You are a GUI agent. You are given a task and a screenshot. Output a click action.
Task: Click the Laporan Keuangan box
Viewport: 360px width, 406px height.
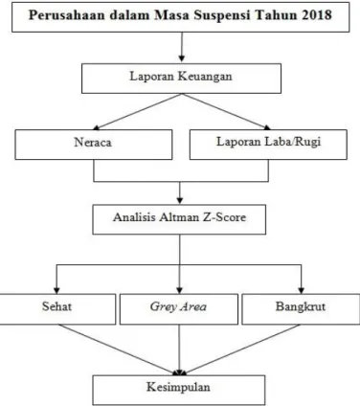(181, 79)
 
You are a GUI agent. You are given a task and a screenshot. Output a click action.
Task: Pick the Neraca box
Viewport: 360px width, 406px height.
(94, 145)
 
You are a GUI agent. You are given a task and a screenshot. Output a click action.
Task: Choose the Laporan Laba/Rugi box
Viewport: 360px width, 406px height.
(268, 145)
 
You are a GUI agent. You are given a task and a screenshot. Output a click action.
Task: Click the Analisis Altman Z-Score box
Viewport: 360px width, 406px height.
(179, 219)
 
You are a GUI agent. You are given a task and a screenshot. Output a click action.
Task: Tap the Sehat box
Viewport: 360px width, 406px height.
(57, 309)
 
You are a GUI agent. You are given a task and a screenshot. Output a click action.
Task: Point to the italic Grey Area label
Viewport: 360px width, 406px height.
(178, 306)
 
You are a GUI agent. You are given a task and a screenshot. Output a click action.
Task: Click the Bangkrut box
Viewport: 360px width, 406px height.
(301, 309)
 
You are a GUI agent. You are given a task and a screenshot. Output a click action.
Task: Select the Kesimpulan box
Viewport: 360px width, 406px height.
(179, 390)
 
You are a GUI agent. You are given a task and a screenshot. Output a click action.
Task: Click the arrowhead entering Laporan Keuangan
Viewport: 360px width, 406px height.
(181, 59)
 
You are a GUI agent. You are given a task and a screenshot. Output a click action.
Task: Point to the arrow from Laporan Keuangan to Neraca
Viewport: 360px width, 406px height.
(138, 111)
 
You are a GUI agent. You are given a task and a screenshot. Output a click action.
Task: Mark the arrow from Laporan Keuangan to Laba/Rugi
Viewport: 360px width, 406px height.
(226, 111)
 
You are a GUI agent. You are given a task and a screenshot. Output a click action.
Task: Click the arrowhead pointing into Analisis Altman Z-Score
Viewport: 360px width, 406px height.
(180, 201)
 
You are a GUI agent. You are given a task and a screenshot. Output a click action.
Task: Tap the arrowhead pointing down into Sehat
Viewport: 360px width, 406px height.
(56, 290)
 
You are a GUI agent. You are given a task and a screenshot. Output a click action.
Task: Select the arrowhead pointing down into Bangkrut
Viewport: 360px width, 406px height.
(301, 290)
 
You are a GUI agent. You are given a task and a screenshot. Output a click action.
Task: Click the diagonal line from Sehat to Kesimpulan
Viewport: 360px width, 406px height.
(118, 349)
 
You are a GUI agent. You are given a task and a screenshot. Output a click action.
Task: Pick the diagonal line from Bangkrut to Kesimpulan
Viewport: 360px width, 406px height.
(241, 349)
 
